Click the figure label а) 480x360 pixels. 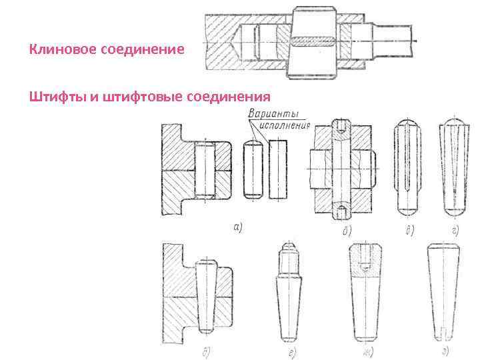[x=237, y=227]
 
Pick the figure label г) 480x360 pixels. [x=455, y=231]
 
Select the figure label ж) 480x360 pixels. [x=366, y=351]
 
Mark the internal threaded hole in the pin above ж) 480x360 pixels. [x=365, y=257]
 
